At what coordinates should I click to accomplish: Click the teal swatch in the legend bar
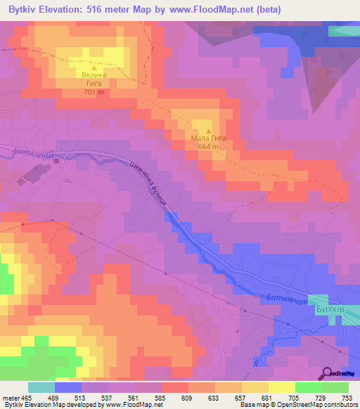(x=41, y=387)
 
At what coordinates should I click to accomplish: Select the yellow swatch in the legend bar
(x=282, y=387)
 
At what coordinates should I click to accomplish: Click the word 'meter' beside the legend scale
(x=11, y=397)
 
